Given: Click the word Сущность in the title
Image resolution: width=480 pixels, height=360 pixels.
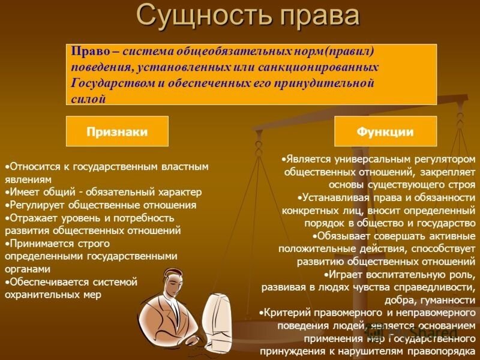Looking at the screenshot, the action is [x=204, y=16].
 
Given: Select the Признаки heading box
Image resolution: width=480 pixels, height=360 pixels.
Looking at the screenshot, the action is [x=117, y=131].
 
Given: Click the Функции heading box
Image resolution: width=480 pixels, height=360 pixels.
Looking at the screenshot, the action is [x=385, y=131].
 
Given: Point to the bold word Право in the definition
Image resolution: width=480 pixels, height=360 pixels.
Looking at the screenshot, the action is [x=90, y=51].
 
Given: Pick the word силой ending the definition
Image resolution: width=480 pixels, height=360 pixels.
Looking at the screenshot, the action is [x=88, y=99].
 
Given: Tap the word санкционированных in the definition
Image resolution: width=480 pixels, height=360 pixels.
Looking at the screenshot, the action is [x=318, y=67].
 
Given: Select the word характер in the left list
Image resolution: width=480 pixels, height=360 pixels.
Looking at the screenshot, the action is [x=180, y=192].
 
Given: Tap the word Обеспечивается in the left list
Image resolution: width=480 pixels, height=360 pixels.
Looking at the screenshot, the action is [x=50, y=282].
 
